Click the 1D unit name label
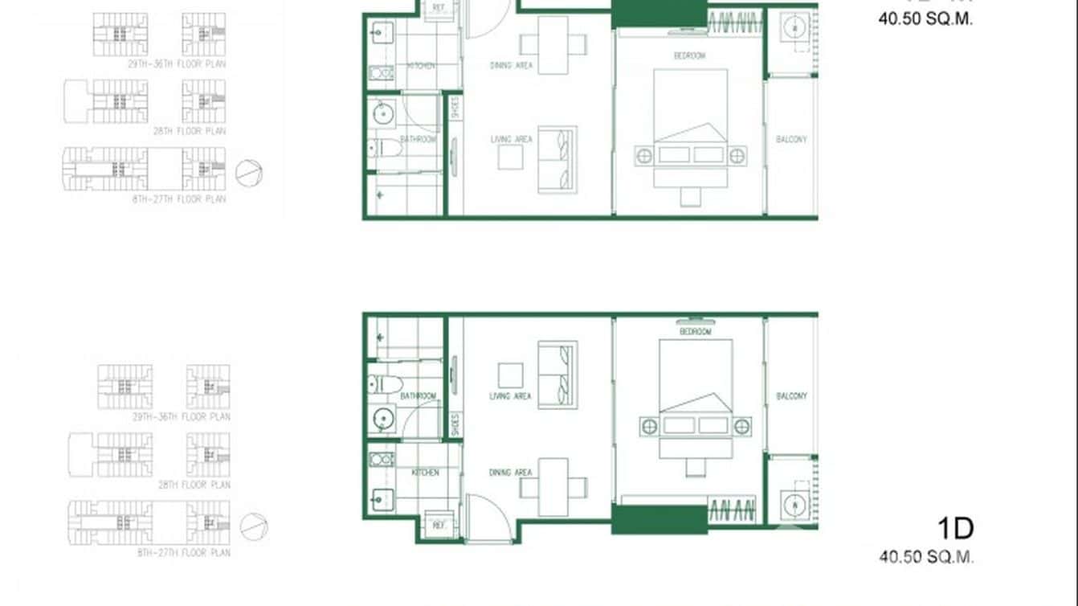coord(955,529)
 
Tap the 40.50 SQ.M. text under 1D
coord(926,556)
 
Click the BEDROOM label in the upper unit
coord(689,55)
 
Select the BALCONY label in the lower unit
coord(791,396)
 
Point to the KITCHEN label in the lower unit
coord(425,473)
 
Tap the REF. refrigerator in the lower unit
coord(439,524)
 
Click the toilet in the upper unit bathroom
coord(384,148)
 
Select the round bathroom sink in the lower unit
coord(385,419)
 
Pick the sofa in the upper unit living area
coord(557,158)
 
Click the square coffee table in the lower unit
coord(510,375)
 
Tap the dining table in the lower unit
coord(553,487)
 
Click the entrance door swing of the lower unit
coord(487,518)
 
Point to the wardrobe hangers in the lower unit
coord(732,509)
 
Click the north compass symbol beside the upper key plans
coord(249,173)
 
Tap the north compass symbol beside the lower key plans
coord(254,526)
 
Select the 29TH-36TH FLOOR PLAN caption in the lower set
coord(182,417)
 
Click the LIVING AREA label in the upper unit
coord(512,140)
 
